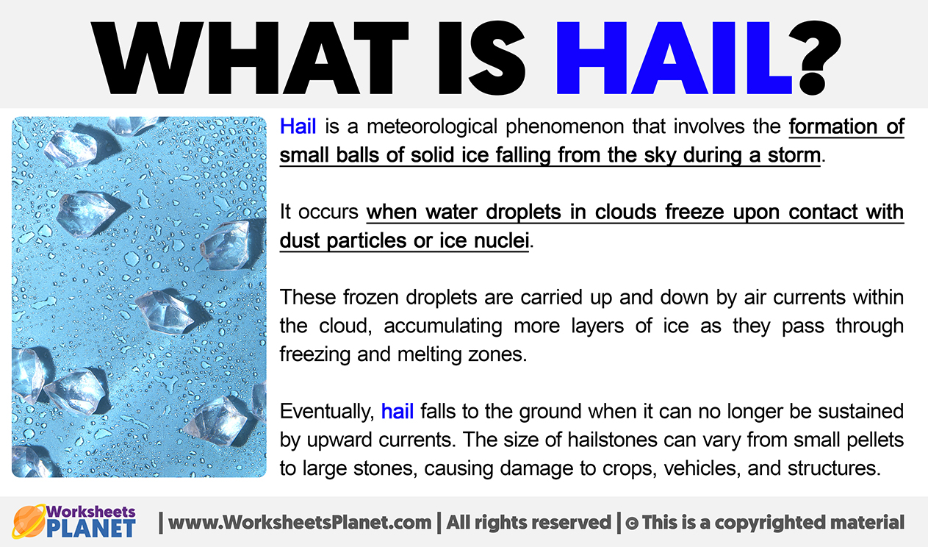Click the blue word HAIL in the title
click(674, 58)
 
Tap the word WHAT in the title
click(250, 58)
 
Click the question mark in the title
click(821, 58)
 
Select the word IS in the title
click(481, 58)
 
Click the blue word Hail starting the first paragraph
click(298, 126)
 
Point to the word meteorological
click(432, 127)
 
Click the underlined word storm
click(794, 155)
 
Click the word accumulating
click(443, 326)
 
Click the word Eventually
click(327, 412)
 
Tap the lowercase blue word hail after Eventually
click(398, 412)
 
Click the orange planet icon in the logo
click(29, 521)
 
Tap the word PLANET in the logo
click(91, 529)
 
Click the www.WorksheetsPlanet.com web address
click(300, 522)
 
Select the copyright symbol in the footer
click(632, 523)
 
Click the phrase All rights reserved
click(528, 522)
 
